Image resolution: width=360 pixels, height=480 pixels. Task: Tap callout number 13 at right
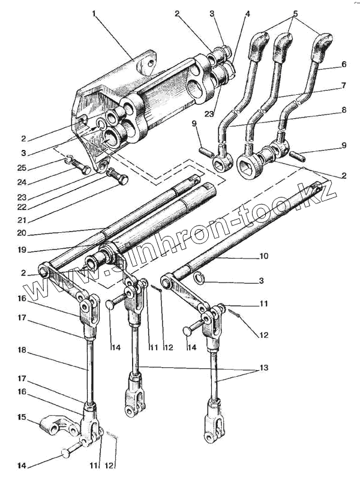pos(263,367)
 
